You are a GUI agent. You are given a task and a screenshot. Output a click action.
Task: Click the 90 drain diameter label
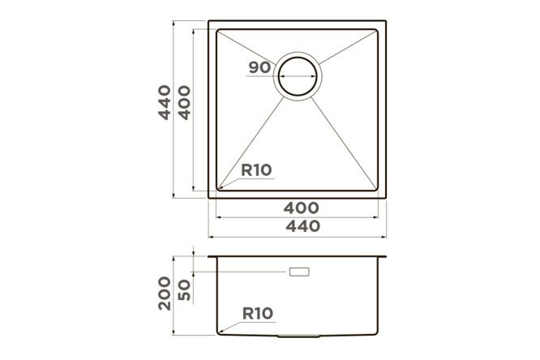pyautogui.click(x=259, y=67)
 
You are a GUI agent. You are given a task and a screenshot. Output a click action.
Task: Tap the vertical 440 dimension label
pyautogui.click(x=165, y=102)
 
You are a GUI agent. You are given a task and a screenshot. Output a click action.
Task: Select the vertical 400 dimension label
pyautogui.click(x=184, y=102)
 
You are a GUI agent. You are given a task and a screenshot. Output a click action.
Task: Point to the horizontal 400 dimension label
pyautogui.click(x=302, y=208)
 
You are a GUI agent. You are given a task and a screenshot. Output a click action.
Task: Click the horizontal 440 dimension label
pyautogui.click(x=303, y=226)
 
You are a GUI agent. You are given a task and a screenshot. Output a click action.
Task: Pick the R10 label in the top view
pyautogui.click(x=256, y=169)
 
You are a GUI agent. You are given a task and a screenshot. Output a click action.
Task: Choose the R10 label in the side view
pyautogui.click(x=258, y=314)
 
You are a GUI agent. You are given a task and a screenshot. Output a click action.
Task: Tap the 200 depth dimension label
pyautogui.click(x=165, y=294)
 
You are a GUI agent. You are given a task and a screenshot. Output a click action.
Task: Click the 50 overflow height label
pyautogui.click(x=184, y=289)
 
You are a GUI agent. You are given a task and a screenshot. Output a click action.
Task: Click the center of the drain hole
pyautogui.click(x=298, y=76)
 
